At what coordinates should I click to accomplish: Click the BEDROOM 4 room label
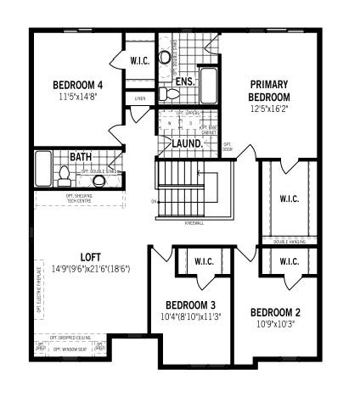(x=77, y=84)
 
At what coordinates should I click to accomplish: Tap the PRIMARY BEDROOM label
(x=270, y=90)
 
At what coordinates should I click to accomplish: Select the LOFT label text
(x=91, y=257)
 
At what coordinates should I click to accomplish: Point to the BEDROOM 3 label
(x=190, y=305)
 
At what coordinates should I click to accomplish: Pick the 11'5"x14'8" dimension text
(x=77, y=98)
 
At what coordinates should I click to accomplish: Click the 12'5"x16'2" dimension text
(x=270, y=109)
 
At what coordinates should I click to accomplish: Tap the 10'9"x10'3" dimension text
(x=276, y=324)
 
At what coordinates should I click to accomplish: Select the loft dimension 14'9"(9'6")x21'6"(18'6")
(x=91, y=270)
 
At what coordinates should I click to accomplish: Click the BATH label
(x=81, y=157)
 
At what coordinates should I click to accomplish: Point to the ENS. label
(x=186, y=81)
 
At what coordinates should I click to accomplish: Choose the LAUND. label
(x=187, y=144)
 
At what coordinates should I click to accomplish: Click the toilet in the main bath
(x=64, y=175)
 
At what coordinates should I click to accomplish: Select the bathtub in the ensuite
(x=209, y=84)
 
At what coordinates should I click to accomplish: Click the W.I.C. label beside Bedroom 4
(x=140, y=60)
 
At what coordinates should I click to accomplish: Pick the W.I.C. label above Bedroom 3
(x=204, y=261)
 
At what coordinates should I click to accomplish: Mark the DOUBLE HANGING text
(x=288, y=243)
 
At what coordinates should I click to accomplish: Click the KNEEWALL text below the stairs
(x=194, y=223)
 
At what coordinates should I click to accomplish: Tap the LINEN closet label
(x=140, y=98)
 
